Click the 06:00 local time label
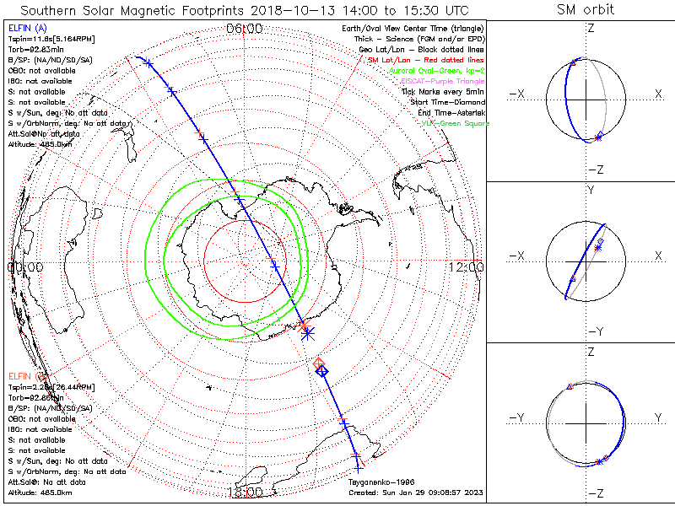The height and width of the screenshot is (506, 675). tap(245, 29)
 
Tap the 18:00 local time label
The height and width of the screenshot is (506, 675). tap(245, 491)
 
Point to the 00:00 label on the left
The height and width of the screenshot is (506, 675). tap(24, 267)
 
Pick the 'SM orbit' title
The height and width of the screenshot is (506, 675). tap(586, 10)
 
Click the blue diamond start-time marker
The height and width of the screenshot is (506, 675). tap(321, 370)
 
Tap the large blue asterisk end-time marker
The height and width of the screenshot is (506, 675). tap(307, 332)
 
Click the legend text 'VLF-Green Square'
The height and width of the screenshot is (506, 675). tap(456, 123)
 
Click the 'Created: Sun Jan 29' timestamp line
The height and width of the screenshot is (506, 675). tap(414, 493)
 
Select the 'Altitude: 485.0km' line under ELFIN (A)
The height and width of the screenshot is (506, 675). tap(36, 144)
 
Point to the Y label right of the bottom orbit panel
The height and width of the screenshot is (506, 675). tap(657, 417)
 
